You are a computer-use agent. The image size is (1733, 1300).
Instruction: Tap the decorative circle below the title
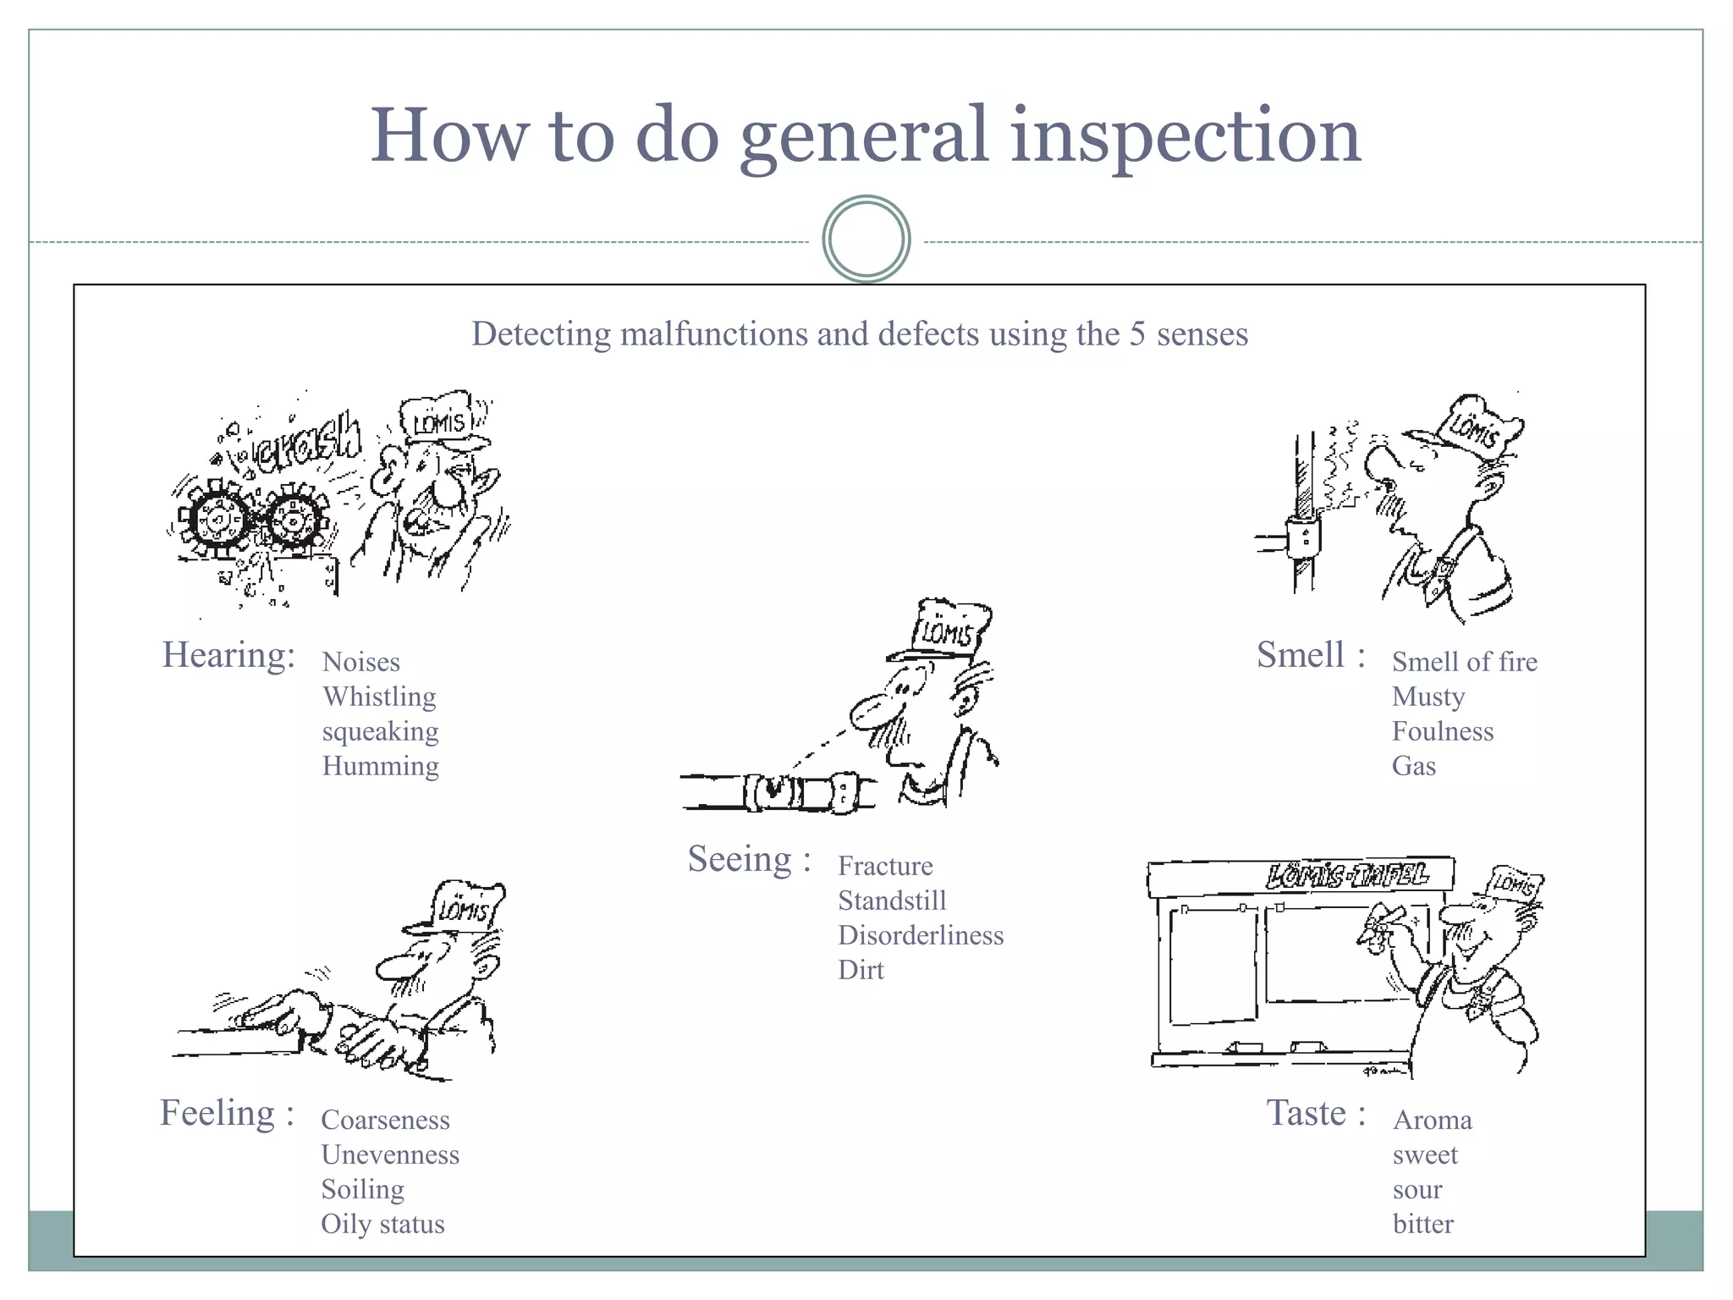click(866, 240)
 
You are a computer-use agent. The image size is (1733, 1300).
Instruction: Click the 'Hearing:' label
click(228, 655)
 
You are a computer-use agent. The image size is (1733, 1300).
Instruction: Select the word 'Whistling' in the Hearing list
click(379, 697)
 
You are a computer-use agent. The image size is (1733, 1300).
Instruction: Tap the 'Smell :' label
click(1310, 655)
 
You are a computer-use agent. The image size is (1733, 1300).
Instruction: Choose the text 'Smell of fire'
click(1464, 662)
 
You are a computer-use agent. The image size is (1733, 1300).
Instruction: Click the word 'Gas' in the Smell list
click(1413, 766)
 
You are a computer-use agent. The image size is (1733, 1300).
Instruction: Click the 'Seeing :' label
click(749, 859)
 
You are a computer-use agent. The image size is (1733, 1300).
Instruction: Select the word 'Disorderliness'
click(920, 935)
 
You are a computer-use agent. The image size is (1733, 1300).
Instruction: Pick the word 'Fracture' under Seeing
click(885, 866)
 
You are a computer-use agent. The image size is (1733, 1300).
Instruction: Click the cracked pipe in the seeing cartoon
click(774, 792)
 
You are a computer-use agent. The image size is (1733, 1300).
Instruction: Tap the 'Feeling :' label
click(227, 1113)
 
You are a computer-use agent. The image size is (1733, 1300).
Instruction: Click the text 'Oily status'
click(382, 1224)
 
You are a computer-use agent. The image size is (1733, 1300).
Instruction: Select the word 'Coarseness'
click(385, 1120)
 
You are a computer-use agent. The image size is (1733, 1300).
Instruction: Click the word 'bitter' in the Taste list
click(1422, 1224)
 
